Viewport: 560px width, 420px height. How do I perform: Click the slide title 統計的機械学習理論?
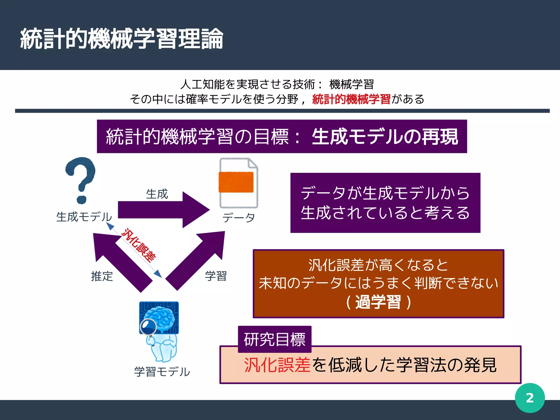coord(122,39)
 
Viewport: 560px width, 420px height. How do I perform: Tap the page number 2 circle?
coord(530,398)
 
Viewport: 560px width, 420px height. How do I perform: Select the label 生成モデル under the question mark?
coord(84,217)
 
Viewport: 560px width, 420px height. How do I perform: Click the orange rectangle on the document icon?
coord(236,182)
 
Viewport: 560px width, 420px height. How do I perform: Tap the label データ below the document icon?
coord(239,218)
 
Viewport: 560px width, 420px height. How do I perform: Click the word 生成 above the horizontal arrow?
coord(157,194)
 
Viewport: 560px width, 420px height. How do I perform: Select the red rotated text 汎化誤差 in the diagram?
coord(139,245)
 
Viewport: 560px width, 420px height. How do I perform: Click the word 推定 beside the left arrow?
coord(102,276)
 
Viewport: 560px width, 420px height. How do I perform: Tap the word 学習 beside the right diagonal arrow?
coord(216,276)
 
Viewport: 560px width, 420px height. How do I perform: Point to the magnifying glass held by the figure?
coord(148,326)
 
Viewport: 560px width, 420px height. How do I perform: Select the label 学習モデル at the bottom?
coord(162,372)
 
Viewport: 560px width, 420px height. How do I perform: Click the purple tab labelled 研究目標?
coord(275,339)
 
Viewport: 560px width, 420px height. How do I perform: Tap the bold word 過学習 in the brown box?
coord(378,302)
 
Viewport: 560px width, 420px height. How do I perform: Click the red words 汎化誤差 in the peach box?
coord(277,365)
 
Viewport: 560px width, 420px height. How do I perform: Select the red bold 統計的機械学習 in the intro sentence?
coord(351,99)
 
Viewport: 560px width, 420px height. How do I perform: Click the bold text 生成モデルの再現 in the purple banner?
coord(385,137)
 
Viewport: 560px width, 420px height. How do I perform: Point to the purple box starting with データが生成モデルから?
coord(385,203)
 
